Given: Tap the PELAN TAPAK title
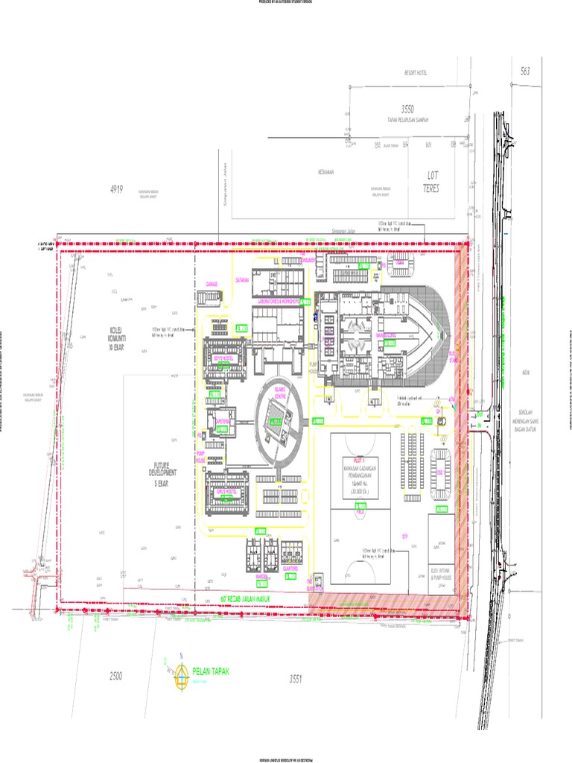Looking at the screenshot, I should [x=212, y=671].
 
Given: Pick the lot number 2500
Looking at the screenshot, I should [x=115, y=676].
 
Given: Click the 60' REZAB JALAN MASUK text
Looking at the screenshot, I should [x=244, y=598].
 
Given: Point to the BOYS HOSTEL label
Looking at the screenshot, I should [x=223, y=358].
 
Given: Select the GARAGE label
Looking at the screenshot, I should [x=211, y=284].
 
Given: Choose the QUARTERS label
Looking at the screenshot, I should [x=290, y=568].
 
